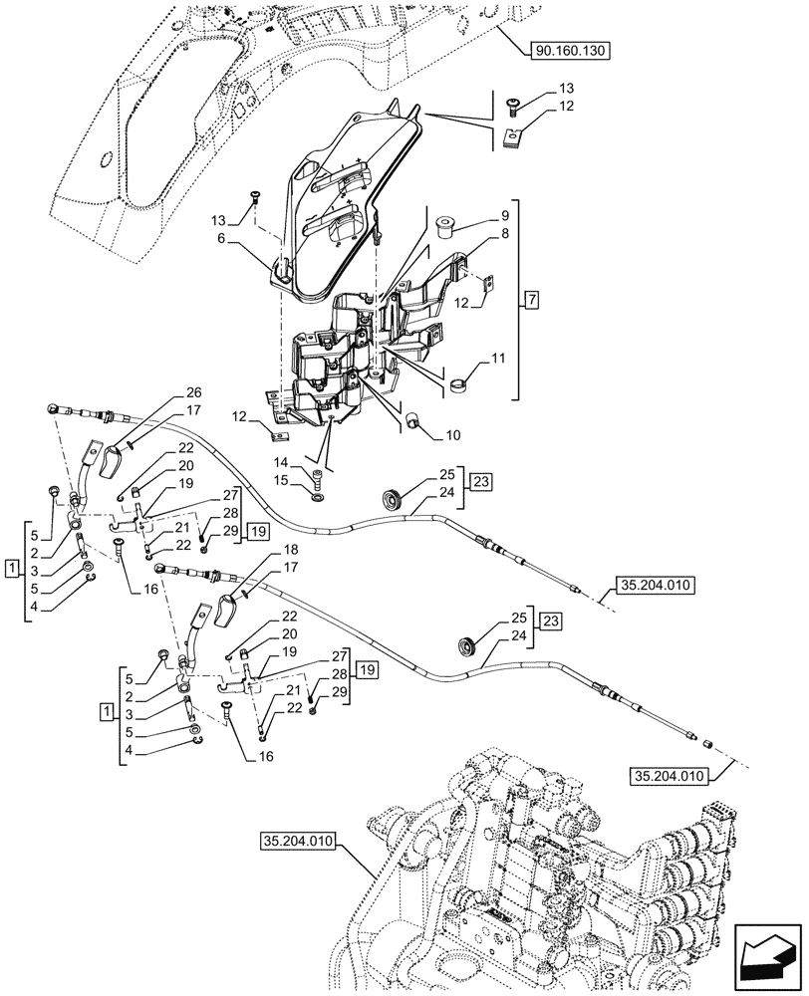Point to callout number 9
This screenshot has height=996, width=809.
tap(504, 216)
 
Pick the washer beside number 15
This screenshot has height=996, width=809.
tap(317, 494)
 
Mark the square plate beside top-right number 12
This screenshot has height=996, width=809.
tap(514, 138)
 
